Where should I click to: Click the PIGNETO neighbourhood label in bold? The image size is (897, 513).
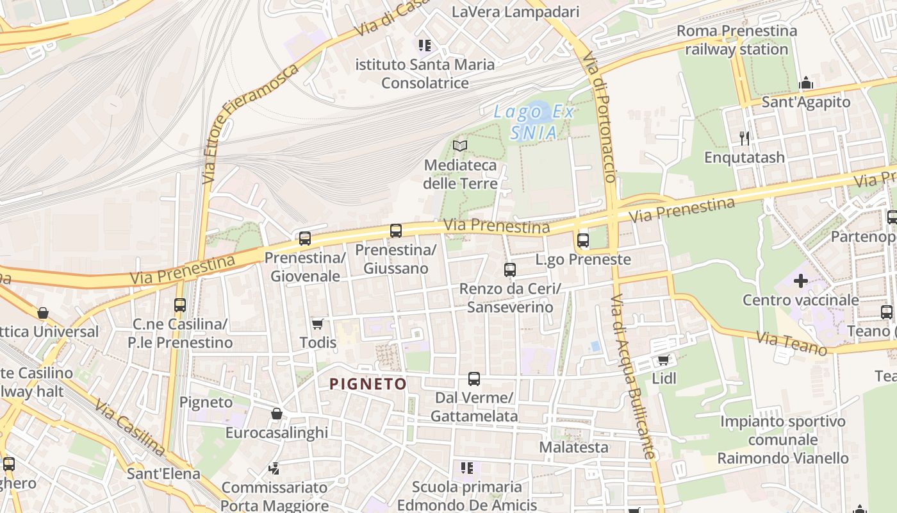pyautogui.click(x=368, y=384)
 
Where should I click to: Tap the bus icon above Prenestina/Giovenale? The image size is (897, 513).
pyautogui.click(x=305, y=239)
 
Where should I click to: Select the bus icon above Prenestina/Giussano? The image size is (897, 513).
pyautogui.click(x=396, y=231)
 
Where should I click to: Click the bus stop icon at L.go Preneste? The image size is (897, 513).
pyautogui.click(x=582, y=240)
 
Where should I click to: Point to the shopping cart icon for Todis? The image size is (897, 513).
pyautogui.click(x=317, y=324)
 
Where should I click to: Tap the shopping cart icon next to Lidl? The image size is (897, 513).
pyautogui.click(x=663, y=360)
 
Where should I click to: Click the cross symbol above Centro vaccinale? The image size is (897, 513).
pyautogui.click(x=800, y=281)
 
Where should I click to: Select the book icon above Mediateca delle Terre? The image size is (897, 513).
pyautogui.click(x=459, y=146)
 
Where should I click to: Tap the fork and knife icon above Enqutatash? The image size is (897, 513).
pyautogui.click(x=744, y=138)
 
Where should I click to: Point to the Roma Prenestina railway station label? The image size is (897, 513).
pyautogui.click(x=737, y=40)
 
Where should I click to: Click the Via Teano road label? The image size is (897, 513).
pyautogui.click(x=792, y=344)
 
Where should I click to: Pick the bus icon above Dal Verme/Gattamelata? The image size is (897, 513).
pyautogui.click(x=474, y=379)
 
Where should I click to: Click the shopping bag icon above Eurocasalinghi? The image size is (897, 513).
pyautogui.click(x=277, y=414)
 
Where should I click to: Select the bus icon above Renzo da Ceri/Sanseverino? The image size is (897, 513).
pyautogui.click(x=510, y=270)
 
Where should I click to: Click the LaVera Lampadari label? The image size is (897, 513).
pyautogui.click(x=515, y=12)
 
